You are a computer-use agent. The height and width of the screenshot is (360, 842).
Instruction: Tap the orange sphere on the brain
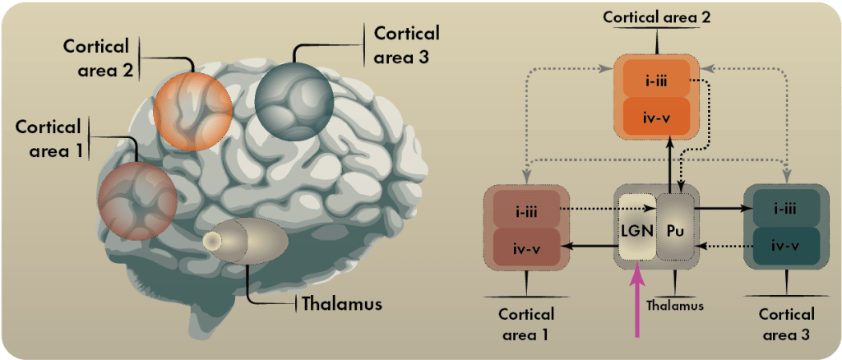click(x=192, y=110)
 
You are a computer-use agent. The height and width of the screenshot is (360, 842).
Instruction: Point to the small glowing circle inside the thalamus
click(x=212, y=241)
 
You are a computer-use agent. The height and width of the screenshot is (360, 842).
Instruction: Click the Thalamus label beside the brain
click(x=342, y=303)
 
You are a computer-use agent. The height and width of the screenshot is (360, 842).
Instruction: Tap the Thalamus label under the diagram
click(x=674, y=306)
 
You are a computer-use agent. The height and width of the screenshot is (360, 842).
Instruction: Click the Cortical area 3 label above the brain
click(x=407, y=46)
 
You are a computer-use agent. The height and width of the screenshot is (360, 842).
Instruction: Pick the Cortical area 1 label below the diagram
click(x=526, y=325)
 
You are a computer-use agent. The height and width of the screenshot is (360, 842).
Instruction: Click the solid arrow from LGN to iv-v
click(x=592, y=245)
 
